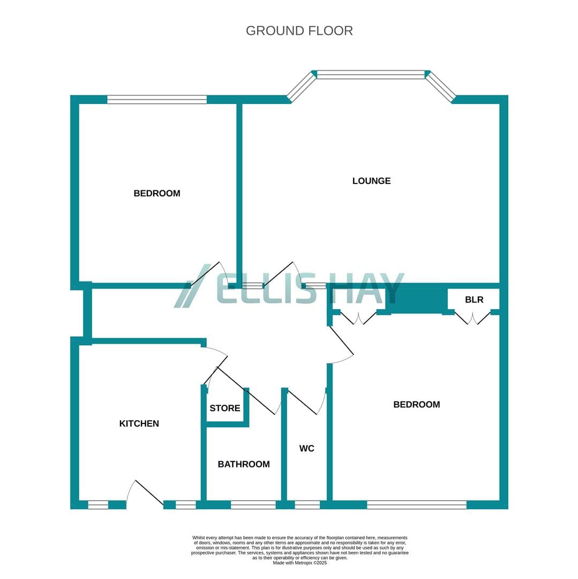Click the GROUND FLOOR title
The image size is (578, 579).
[299, 31]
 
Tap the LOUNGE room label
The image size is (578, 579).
[371, 181]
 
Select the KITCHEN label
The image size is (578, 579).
[139, 424]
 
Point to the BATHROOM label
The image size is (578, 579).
[244, 464]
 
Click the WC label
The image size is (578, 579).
[307, 448]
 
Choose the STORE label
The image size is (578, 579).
[225, 408]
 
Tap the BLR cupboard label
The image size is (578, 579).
[474, 300]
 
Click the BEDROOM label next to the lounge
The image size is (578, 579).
[157, 194]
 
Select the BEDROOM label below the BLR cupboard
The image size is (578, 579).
[417, 405]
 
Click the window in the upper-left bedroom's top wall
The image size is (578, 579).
[157, 99]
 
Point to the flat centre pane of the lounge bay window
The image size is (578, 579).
[371, 75]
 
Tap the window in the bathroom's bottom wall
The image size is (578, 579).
[253, 505]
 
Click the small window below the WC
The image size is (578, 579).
[307, 505]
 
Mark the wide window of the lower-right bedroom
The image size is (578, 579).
[417, 505]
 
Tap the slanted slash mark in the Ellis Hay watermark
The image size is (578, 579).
[192, 286]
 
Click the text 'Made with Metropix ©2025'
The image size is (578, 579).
[300, 563]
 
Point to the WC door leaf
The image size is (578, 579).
[302, 402]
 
